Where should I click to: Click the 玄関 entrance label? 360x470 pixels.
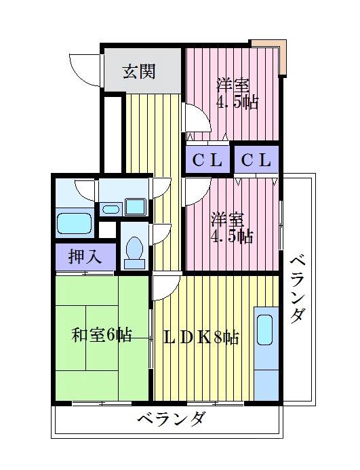click(x=138, y=71)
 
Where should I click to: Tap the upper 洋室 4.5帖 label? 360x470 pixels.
click(x=235, y=95)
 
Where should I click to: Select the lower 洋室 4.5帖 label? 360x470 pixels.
click(x=232, y=228)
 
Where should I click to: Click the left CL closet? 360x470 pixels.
click(x=207, y=161)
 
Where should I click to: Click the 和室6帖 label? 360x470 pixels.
click(x=102, y=334)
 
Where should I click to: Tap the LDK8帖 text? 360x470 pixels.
click(x=201, y=337)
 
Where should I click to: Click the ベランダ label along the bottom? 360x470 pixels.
click(x=170, y=418)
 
